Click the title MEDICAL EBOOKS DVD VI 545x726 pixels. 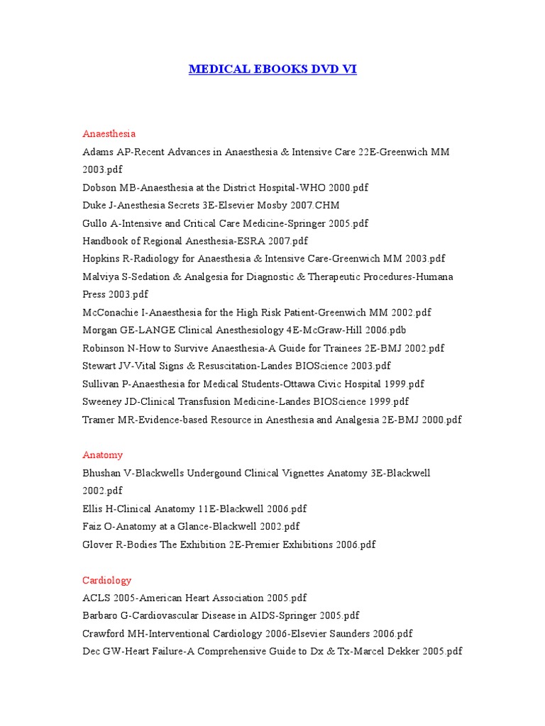pyautogui.click(x=272, y=69)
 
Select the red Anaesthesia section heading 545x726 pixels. pyautogui.click(x=109, y=133)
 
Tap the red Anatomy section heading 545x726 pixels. pyautogui.click(x=102, y=455)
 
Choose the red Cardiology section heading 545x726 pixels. pyautogui.click(x=106, y=580)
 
